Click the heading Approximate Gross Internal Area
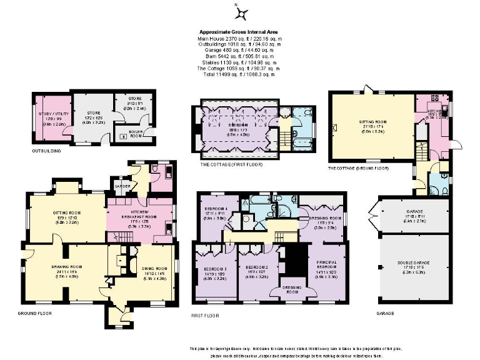pyautogui.click(x=238, y=32)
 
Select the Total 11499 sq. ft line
pyautogui.click(x=238, y=74)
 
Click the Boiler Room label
pyautogui.click(x=135, y=132)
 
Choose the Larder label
pyautogui.click(x=121, y=186)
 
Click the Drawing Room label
pyautogui.click(x=64, y=266)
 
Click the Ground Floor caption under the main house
pyautogui.click(x=35, y=312)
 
